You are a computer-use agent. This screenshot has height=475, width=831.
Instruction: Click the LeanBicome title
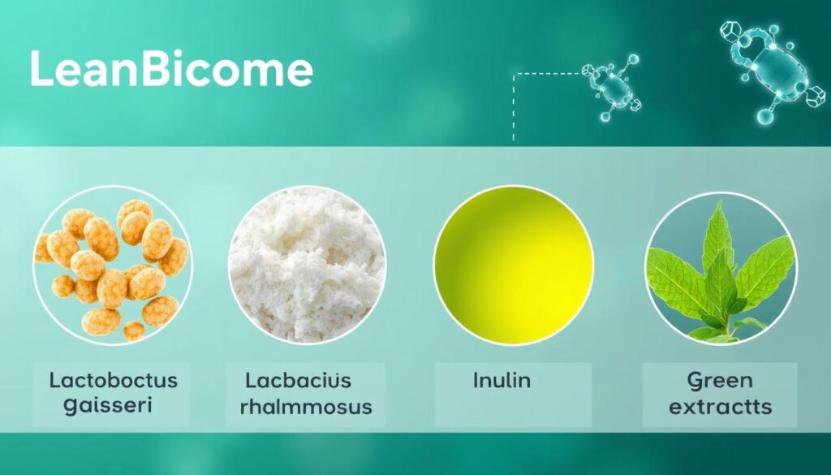[x=171, y=69]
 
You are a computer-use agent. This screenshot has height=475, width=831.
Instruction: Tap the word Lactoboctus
[x=114, y=380]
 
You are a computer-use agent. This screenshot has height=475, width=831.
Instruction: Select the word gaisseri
[x=108, y=405]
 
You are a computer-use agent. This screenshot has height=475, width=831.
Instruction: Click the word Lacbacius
[x=298, y=380]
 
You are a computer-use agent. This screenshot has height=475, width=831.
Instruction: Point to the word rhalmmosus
[x=306, y=407]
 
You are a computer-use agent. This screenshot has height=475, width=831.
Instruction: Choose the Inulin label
[x=502, y=380]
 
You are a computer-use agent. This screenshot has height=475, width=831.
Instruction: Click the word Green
[x=720, y=381]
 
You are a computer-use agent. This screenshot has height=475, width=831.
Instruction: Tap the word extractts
[x=720, y=407]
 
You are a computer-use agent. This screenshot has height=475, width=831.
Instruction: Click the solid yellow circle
[x=514, y=265]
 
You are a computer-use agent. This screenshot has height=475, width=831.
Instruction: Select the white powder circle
[x=307, y=265]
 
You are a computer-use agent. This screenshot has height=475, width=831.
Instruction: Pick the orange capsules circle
[x=112, y=265]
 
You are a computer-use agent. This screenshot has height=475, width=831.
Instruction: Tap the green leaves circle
[x=721, y=267]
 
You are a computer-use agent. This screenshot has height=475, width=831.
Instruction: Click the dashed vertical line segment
[x=513, y=108]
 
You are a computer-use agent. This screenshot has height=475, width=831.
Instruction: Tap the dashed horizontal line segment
[x=546, y=74]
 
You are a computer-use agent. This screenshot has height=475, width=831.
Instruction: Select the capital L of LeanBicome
[x=41, y=69]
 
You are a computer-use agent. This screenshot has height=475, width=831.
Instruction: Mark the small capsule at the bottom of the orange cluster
[x=134, y=330]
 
